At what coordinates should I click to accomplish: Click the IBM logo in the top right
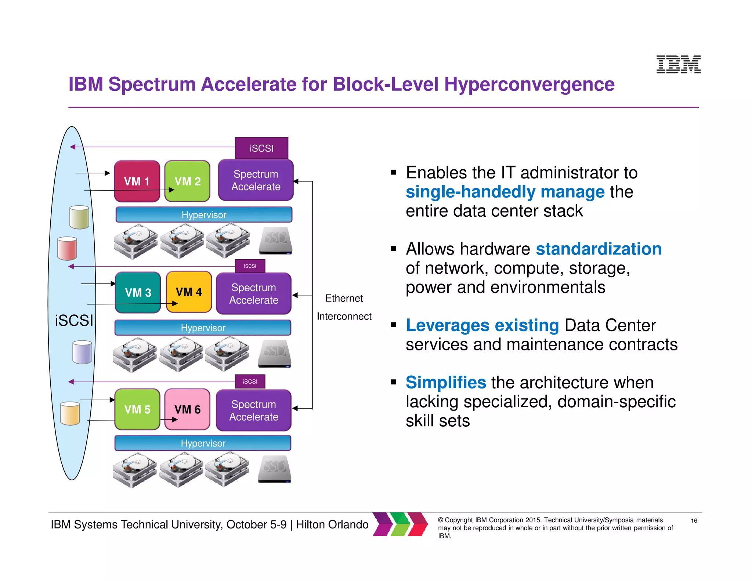point(678,64)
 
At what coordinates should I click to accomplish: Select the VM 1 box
point(137,181)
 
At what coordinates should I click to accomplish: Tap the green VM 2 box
point(187,181)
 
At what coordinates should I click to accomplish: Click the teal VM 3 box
point(138,292)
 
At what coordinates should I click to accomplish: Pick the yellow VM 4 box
point(189,292)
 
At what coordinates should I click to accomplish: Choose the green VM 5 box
point(137,409)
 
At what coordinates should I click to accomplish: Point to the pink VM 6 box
point(187,409)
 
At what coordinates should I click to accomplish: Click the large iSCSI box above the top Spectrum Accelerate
point(261,148)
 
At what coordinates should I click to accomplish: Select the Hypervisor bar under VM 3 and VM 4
point(203,328)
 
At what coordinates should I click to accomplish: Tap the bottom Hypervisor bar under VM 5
point(203,443)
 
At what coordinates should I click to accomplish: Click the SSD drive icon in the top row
point(275,241)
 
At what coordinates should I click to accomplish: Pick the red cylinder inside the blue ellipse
point(67,248)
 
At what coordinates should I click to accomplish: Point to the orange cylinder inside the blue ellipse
point(70,413)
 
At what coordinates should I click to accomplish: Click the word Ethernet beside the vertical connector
point(344,298)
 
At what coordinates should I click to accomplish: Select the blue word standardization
point(599,249)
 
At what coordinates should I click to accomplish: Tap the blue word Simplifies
point(446,382)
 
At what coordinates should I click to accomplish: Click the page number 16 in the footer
point(694,520)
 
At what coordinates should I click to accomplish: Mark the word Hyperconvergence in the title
point(529,84)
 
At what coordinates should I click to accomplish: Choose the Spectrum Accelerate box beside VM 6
point(254,410)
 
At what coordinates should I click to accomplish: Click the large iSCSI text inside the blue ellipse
point(74,320)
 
